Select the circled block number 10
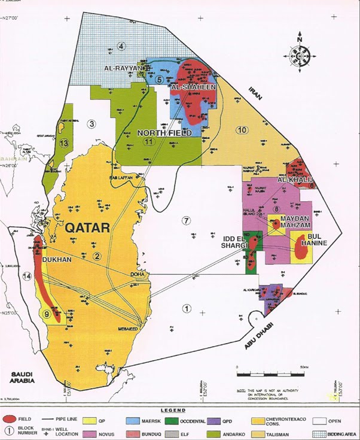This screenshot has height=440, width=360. [x=242, y=130]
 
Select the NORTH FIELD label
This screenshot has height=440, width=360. [x=164, y=133]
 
